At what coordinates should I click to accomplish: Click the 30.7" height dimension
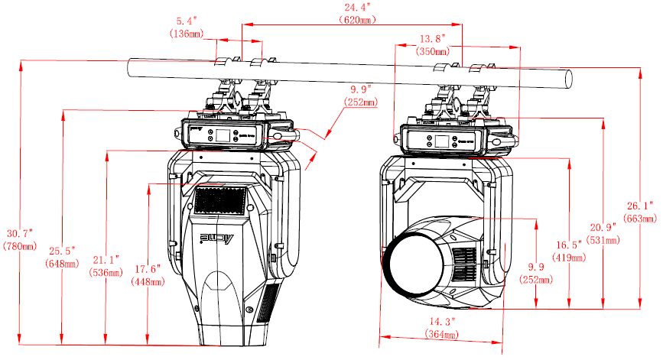[x=20, y=233]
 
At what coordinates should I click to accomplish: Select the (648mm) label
[x=63, y=264]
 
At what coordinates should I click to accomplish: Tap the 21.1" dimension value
[x=106, y=259]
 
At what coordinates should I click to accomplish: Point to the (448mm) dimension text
[x=148, y=281]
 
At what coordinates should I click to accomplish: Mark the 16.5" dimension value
[x=569, y=245]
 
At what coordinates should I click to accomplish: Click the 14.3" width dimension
[x=442, y=322]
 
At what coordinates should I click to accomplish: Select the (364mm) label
[x=442, y=335]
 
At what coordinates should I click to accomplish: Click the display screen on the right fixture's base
[x=431, y=141]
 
